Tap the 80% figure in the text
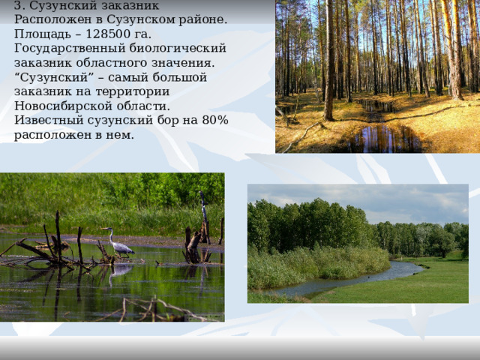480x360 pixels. pos(215,120)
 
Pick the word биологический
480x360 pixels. pos(178,49)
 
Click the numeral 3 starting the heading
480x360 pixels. pos(17,5)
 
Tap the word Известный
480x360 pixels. pos(49,120)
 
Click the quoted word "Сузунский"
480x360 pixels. pos(54,77)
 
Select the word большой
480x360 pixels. pos(179,77)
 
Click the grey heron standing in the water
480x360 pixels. pos(118,242)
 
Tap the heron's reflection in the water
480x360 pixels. pos(121,273)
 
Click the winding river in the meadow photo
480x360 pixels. pos(352,279)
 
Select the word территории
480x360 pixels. pos(132,91)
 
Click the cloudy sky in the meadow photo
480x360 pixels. pos(358,199)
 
